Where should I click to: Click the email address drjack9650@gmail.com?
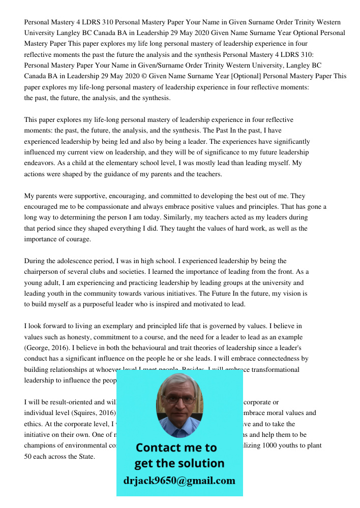coord(179,481)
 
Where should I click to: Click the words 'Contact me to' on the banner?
coord(176,448)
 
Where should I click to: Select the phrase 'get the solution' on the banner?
coord(179,463)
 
